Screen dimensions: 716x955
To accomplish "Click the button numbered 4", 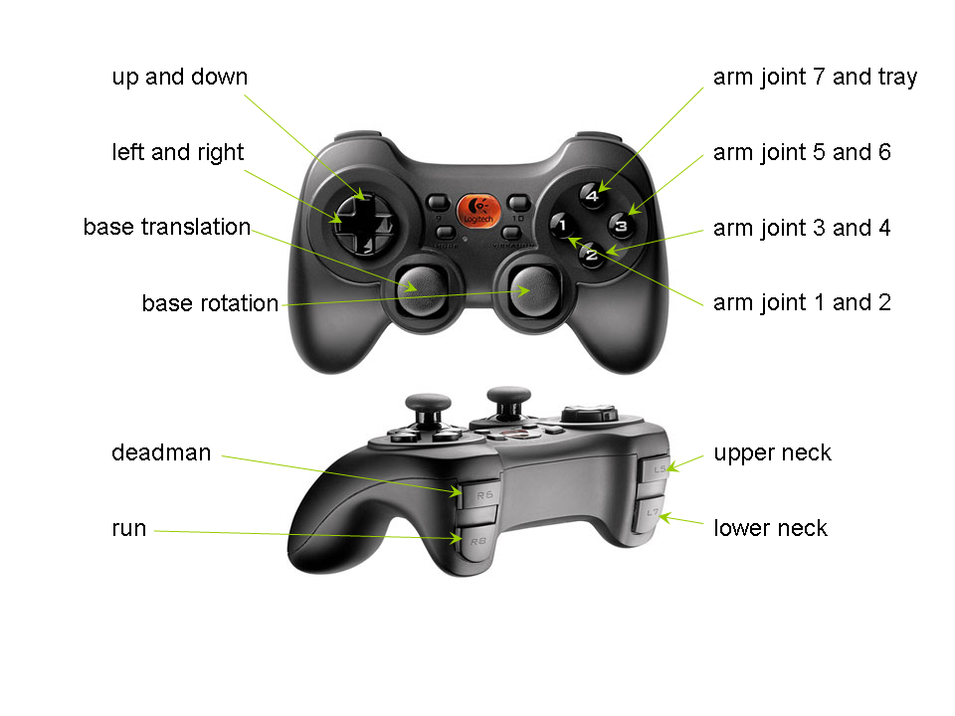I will (592, 195).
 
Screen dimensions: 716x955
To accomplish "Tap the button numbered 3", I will (620, 225).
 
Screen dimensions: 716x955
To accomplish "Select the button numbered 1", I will (562, 226).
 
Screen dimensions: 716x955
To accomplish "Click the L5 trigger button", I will (656, 466).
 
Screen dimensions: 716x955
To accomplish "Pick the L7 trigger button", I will (651, 514).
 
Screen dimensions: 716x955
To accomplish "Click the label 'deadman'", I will (161, 453).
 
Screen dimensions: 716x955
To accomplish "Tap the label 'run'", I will (128, 528).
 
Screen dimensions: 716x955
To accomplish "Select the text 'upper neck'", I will (772, 453).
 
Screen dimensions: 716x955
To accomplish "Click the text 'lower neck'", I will (770, 528).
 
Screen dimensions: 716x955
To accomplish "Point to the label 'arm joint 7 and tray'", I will (815, 78).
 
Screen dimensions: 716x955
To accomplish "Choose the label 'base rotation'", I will (210, 303).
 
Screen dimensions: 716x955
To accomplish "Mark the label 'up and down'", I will (179, 78).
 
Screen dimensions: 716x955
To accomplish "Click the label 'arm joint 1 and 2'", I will (802, 302).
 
